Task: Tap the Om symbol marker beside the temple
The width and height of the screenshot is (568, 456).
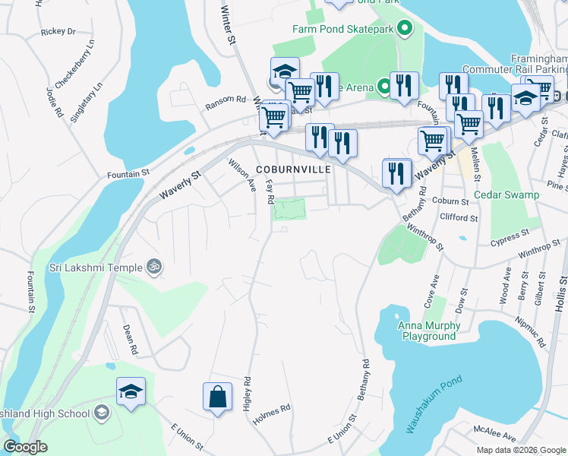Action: point(154,267)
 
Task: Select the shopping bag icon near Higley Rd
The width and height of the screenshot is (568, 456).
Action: point(217,397)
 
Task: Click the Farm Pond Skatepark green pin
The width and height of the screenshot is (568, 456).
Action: point(405,30)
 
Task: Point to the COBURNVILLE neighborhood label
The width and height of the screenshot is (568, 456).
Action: point(293,169)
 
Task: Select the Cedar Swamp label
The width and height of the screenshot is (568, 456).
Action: point(506,195)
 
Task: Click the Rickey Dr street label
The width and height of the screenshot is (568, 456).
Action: point(58,31)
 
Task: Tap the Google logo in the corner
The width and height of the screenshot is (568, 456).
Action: point(26,447)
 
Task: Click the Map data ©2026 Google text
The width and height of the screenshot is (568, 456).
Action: point(521,450)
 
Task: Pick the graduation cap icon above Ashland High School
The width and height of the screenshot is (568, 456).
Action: point(131,392)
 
